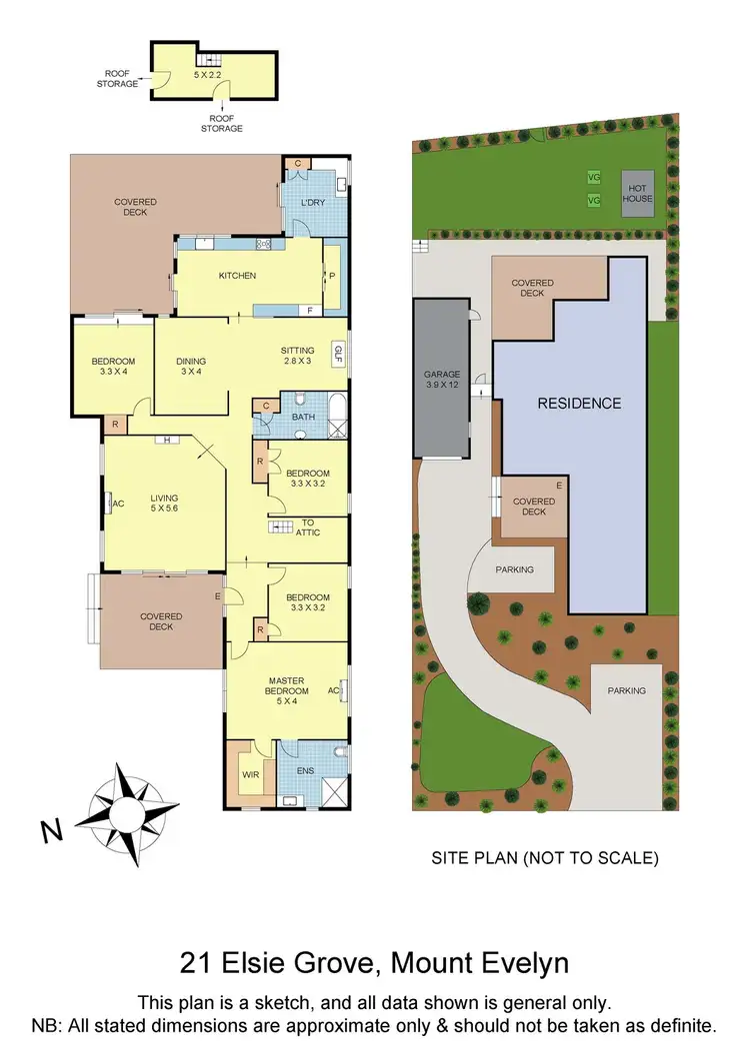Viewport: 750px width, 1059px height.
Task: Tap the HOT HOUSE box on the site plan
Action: [637, 192]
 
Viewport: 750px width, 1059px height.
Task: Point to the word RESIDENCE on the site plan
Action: [580, 404]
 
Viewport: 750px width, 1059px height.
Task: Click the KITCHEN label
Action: [238, 276]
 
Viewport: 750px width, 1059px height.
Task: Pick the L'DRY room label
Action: [313, 204]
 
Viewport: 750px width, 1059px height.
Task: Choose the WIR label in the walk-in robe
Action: [249, 773]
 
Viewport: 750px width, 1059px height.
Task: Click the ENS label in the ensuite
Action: [306, 771]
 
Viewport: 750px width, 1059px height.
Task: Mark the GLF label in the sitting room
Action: [338, 352]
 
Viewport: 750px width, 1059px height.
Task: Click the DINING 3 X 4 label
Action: [191, 366]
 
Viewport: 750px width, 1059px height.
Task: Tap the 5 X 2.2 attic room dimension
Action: [208, 74]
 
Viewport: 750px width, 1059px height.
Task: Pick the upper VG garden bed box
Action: [594, 177]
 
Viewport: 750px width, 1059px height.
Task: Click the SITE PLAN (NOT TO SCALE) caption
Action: [544, 857]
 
